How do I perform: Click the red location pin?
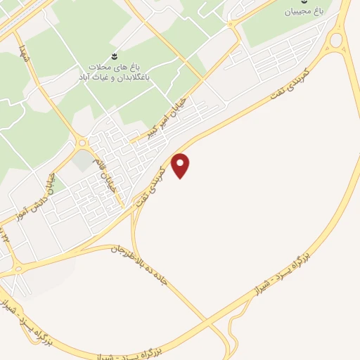[x=181, y=165]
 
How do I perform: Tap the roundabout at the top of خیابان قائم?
[x=82, y=143]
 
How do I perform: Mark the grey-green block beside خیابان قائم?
[x=84, y=161]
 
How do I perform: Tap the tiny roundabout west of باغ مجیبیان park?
[x=233, y=25]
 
